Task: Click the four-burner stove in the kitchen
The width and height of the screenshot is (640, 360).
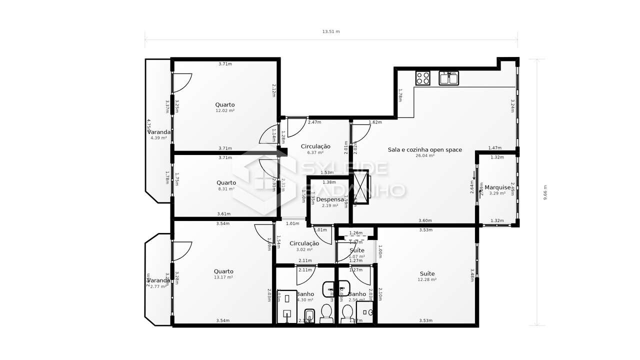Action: [x=423, y=78]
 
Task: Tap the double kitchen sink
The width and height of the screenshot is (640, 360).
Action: [x=448, y=78]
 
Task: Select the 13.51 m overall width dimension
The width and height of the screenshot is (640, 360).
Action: [x=330, y=31]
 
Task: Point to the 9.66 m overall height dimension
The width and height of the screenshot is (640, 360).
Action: [x=545, y=192]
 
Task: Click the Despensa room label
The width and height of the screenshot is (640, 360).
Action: [x=330, y=199]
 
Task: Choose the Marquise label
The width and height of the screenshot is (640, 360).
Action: [x=497, y=187]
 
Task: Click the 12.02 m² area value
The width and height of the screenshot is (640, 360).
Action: [x=225, y=110]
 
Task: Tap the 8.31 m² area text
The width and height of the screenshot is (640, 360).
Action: [x=226, y=188]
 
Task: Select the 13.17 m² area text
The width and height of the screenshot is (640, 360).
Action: [x=223, y=277]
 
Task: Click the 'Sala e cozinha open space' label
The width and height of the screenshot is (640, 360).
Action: [x=425, y=149]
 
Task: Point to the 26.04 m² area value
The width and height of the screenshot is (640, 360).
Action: [x=425, y=155]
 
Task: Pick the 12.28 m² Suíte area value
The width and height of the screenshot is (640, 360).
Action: [x=427, y=279]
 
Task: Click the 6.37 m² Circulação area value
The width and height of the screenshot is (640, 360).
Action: [x=315, y=152]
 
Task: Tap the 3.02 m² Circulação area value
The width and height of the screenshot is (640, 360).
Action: [x=304, y=249]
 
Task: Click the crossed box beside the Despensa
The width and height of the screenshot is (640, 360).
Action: [x=360, y=187]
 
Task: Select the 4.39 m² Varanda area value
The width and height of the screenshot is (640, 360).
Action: [x=158, y=138]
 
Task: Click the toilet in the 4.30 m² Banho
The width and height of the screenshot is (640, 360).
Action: [x=326, y=312]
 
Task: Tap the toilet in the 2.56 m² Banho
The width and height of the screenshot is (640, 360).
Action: [x=347, y=312]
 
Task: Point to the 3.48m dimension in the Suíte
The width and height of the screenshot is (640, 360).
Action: [x=472, y=275]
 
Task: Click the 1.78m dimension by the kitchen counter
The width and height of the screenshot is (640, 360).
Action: [x=400, y=95]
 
